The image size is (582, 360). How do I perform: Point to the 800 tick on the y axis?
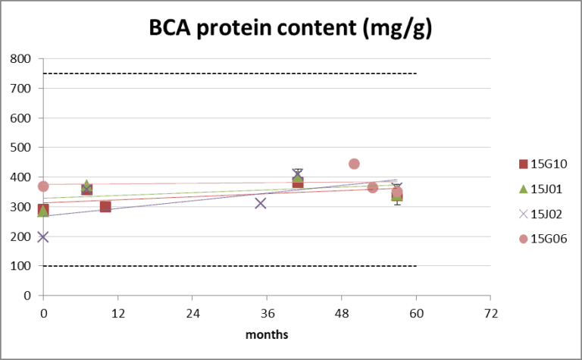click(x=20, y=59)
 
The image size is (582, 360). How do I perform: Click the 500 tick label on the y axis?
click(x=20, y=148)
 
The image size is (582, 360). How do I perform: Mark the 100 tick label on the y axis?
click(x=20, y=266)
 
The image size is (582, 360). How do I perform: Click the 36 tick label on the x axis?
click(x=267, y=313)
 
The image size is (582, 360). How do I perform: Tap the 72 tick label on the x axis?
click(x=490, y=313)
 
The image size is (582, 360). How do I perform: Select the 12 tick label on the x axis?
click(x=117, y=313)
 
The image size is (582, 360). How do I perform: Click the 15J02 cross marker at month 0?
click(x=43, y=236)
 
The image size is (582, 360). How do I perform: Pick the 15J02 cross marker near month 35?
click(x=261, y=203)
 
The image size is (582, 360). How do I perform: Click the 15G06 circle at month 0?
click(x=43, y=186)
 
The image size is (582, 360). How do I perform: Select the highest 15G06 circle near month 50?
click(x=354, y=164)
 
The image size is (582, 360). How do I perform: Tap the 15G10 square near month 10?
click(x=105, y=206)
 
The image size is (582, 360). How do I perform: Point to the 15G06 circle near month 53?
click(x=373, y=187)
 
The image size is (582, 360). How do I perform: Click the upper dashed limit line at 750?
click(x=227, y=74)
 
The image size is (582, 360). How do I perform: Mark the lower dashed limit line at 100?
click(x=227, y=266)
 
